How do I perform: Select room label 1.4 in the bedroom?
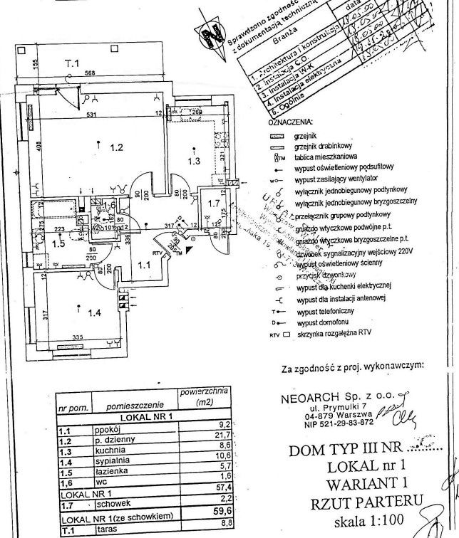coord(93,311)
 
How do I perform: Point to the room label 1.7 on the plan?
coord(212,204)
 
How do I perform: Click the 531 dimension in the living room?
coord(91,115)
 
